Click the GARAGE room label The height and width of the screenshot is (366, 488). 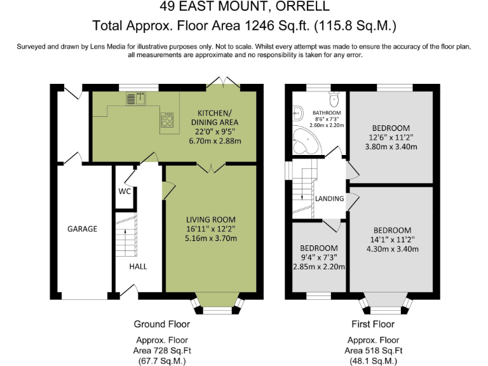(83, 229)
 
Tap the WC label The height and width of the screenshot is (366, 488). (125, 191)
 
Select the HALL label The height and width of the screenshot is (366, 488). (138, 266)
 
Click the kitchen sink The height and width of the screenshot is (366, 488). (135, 98)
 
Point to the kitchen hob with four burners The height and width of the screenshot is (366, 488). (168, 119)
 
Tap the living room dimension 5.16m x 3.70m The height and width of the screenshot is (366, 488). (212, 239)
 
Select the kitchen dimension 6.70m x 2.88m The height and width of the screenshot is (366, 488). (215, 141)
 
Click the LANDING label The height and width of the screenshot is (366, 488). (329, 199)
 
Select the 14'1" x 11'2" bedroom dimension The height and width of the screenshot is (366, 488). (391, 240)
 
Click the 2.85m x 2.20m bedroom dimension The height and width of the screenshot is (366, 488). (319, 267)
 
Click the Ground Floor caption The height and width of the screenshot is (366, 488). (161, 324)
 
